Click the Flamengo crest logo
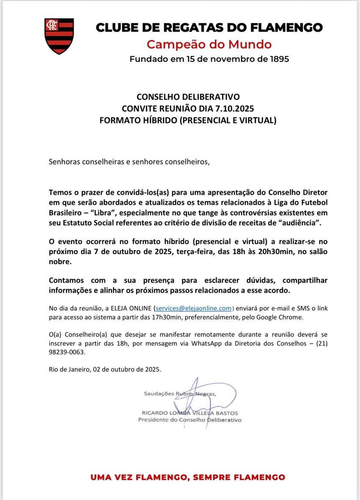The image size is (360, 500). click(59, 36)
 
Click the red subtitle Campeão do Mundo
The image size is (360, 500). click(209, 44)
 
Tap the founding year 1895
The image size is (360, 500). click(279, 59)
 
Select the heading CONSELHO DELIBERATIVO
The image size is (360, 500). click(188, 97)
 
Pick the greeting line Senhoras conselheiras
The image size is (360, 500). click(129, 161)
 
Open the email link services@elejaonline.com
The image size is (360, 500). click(194, 308)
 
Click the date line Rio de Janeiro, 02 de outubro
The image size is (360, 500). click(105, 369)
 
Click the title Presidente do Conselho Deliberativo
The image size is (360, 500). click(189, 420)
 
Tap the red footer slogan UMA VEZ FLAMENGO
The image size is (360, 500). click(188, 477)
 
